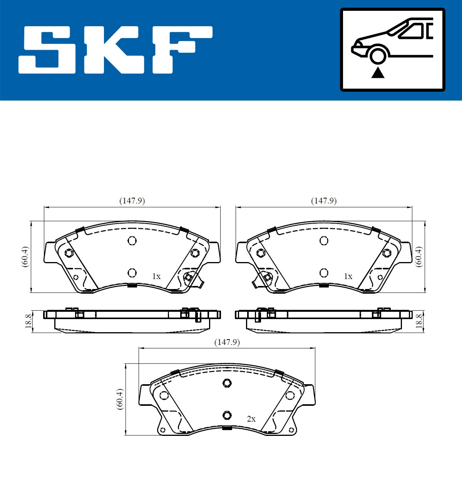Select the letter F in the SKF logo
point(181,49)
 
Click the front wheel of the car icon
point(378,55)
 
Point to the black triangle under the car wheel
point(378,72)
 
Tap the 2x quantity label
point(251,419)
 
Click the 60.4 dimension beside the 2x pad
point(120,399)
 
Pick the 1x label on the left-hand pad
point(156,276)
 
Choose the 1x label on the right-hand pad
point(348,276)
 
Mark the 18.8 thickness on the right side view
point(419,321)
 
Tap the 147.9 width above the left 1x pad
point(132,201)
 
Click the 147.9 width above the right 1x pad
point(324,201)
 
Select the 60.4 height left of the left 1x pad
point(25,257)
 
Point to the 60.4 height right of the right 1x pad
point(418,257)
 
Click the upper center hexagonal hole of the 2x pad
point(227,383)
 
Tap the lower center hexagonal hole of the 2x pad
point(227,415)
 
